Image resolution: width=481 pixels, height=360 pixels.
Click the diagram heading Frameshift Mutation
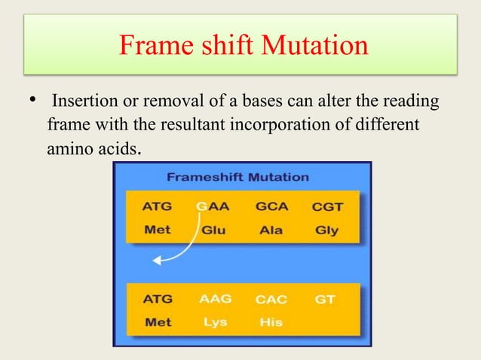tap(237, 178)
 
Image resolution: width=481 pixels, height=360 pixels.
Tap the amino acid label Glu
tap(212, 230)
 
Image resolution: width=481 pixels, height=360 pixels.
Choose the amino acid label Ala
tap(271, 230)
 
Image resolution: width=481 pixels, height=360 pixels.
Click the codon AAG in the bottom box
tap(215, 298)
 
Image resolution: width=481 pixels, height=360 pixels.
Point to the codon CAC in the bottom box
tap(271, 299)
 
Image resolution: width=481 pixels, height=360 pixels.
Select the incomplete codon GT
tap(325, 299)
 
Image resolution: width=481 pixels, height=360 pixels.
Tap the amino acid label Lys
tap(214, 322)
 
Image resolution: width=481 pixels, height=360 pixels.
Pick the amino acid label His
tap(271, 322)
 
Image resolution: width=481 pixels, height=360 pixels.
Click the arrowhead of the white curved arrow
tap(156, 261)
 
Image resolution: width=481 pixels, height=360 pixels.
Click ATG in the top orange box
tap(157, 206)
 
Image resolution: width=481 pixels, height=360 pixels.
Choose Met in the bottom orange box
tap(157, 322)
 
